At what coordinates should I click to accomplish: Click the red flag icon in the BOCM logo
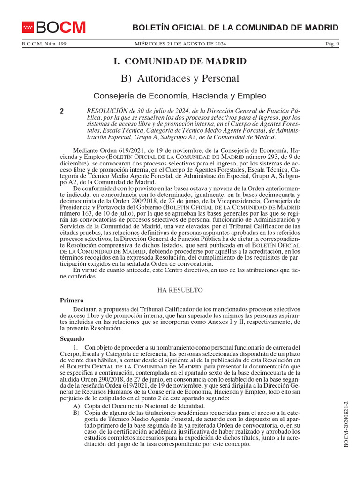(x=29, y=28)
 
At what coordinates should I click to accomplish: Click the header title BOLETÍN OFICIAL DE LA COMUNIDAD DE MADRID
(x=235, y=28)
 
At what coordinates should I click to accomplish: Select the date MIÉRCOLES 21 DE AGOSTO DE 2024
(x=180, y=44)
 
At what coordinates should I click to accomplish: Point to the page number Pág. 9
(x=332, y=44)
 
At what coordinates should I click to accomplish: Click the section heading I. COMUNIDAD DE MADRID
(x=180, y=61)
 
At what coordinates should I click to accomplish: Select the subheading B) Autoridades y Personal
(x=180, y=78)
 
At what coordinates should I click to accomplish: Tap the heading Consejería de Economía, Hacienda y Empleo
(x=180, y=96)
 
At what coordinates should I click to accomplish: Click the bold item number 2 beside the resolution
(x=62, y=112)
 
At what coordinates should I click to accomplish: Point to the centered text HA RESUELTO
(x=180, y=290)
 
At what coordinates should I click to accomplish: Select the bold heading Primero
(x=72, y=300)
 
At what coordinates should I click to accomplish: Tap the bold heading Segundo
(x=72, y=338)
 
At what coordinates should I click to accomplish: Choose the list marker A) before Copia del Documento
(x=76, y=405)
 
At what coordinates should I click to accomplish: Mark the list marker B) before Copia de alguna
(x=76, y=412)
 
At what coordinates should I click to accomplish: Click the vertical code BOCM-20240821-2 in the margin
(x=346, y=424)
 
